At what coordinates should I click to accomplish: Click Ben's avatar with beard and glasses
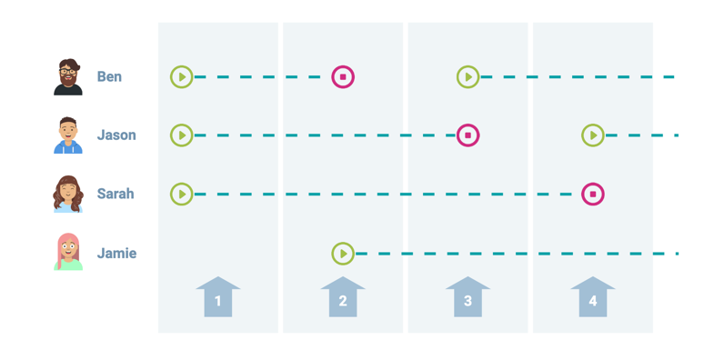[x=68, y=77]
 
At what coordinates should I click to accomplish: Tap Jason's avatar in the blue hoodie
[x=68, y=135]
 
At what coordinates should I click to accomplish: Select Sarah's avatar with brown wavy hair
[x=68, y=194]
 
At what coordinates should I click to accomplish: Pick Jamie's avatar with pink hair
[x=68, y=253]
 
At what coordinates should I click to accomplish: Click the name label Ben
[x=109, y=77]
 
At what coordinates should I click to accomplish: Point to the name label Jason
[x=116, y=135]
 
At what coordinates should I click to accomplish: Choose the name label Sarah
[x=116, y=194]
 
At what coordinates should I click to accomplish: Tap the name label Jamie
[x=116, y=254]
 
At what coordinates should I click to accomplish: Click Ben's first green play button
[x=182, y=77]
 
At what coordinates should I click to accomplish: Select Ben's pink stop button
[x=343, y=77]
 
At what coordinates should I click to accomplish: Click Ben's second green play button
[x=468, y=77]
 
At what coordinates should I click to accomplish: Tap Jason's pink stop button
[x=468, y=135]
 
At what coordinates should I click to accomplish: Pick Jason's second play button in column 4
[x=593, y=135]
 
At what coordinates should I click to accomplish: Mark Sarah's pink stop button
[x=593, y=194]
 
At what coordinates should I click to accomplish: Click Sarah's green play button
[x=182, y=194]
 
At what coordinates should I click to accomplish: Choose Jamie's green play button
[x=343, y=254]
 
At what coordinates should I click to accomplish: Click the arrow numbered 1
[x=218, y=298]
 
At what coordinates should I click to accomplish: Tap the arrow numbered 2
[x=343, y=298]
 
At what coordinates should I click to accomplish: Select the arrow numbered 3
[x=468, y=298]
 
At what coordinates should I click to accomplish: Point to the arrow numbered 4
[x=593, y=298]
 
